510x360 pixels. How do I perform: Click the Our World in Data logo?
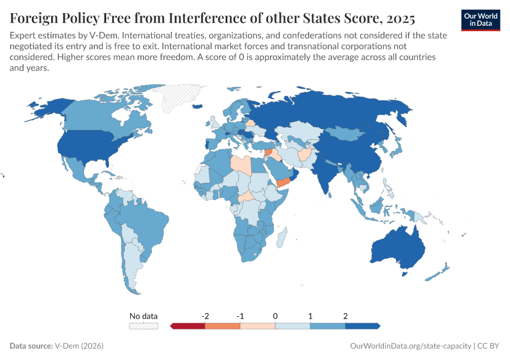[481, 19]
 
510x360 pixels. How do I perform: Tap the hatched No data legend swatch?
[143, 326]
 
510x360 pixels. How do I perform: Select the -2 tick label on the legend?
[205, 316]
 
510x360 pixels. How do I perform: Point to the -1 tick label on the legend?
[240, 316]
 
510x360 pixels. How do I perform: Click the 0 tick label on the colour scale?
[275, 316]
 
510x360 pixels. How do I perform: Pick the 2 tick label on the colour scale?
[346, 316]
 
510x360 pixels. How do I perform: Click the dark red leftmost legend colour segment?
[188, 326]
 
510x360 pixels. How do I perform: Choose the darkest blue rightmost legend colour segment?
[362, 326]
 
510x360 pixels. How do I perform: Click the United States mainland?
[90, 148]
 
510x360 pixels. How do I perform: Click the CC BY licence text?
[489, 346]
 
